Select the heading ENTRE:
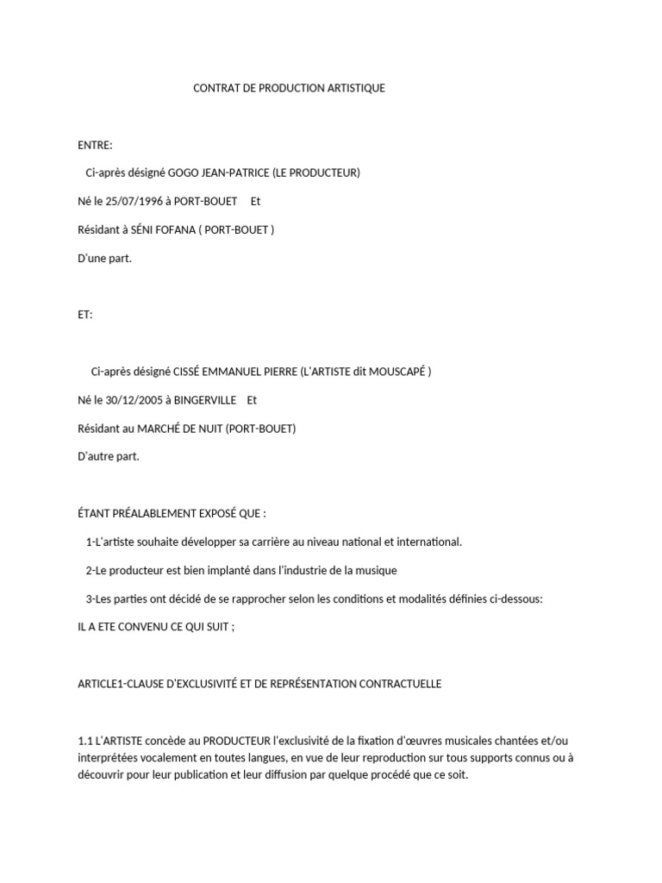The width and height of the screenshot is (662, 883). point(95,145)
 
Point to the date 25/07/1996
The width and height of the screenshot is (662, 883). point(138,201)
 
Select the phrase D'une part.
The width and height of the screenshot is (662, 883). point(105,258)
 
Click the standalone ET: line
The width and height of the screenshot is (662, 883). point(85,315)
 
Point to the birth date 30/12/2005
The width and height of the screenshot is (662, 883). point(138,400)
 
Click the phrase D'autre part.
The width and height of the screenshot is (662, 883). point(109,457)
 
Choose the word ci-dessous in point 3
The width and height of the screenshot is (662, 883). point(514,599)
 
